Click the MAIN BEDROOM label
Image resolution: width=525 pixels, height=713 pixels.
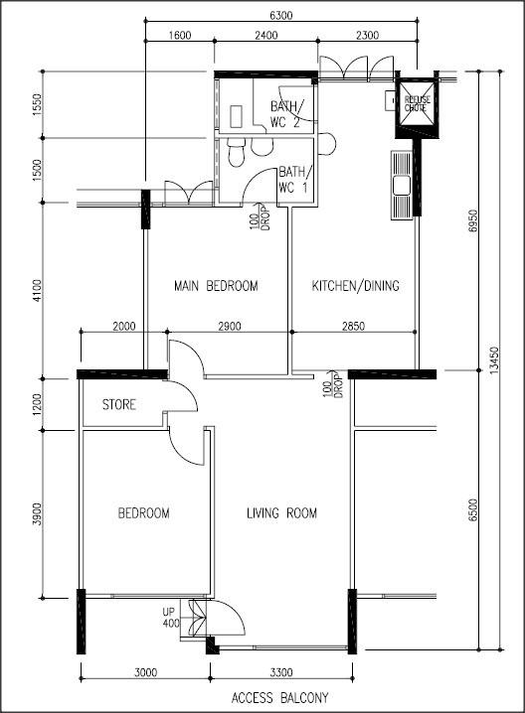click(216, 286)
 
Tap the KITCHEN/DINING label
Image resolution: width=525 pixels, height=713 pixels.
click(356, 286)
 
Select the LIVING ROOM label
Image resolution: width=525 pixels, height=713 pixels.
click(281, 513)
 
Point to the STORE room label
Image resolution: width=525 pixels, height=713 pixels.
click(119, 404)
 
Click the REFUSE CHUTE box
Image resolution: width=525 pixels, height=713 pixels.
click(418, 105)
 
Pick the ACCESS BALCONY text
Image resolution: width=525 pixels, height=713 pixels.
click(280, 698)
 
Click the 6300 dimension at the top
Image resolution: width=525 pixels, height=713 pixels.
click(281, 16)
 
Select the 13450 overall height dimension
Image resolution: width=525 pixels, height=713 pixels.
click(495, 361)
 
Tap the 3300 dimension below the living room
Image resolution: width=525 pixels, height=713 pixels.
click(281, 672)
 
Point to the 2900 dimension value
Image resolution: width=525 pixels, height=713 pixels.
click(230, 326)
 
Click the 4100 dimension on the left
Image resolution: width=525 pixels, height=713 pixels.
click(37, 290)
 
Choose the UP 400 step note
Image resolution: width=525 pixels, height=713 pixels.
click(171, 618)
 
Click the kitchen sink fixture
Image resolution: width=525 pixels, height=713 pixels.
click(402, 186)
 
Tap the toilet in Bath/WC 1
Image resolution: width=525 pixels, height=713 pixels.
click(237, 153)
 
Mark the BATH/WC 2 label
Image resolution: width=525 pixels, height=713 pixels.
click(285, 114)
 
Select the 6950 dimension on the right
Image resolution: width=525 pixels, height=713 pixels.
click(473, 221)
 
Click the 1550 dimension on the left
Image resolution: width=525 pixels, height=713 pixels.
click(37, 104)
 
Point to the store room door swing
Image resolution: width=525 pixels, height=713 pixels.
click(181, 395)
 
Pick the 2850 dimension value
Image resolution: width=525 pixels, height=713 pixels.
click(353, 326)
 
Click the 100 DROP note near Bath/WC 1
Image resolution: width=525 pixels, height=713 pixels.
click(260, 216)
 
